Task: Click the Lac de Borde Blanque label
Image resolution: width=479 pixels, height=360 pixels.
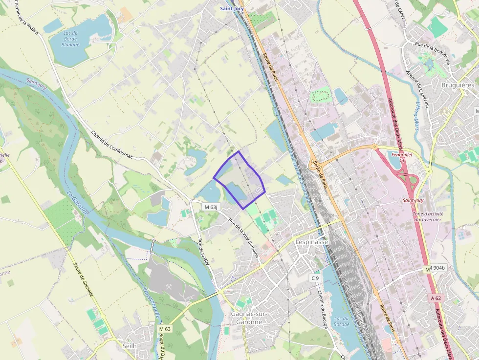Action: click(x=70, y=39)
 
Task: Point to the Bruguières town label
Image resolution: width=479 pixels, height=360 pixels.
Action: click(x=457, y=85)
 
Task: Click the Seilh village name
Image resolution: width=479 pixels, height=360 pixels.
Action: click(x=130, y=345)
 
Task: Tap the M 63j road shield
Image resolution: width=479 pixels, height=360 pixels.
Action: click(x=211, y=207)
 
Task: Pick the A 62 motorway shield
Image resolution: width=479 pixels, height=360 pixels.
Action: click(x=436, y=297)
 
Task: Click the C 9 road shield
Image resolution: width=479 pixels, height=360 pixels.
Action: click(x=315, y=278)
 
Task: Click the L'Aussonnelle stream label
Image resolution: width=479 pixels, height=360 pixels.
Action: click(x=151, y=303)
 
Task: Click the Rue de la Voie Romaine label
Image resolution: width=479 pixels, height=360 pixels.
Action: click(x=243, y=238)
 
